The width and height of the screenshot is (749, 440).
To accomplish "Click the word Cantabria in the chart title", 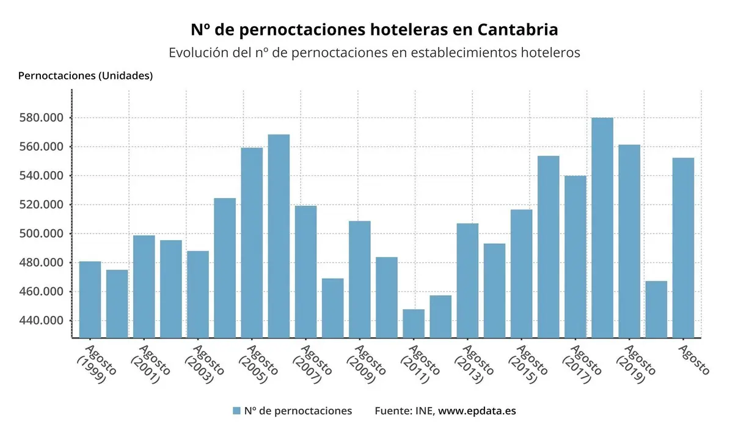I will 517,29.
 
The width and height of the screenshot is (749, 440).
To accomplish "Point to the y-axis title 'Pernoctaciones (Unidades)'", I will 86,76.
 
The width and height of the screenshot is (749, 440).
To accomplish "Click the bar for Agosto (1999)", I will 90,299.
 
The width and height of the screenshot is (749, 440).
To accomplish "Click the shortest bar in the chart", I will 414,323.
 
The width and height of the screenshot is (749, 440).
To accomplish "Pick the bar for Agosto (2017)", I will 575,257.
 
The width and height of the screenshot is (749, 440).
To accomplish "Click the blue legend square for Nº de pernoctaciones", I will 236,411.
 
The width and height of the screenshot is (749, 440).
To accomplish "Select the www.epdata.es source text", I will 477,411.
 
